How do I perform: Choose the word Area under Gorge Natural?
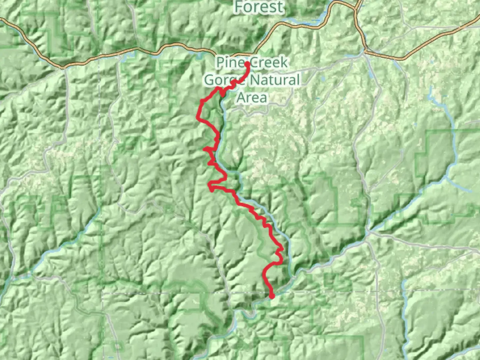[x=252, y=98]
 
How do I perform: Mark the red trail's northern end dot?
[x=247, y=63]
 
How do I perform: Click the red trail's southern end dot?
[x=272, y=296]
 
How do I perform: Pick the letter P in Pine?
[x=220, y=62]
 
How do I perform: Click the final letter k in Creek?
[x=283, y=62]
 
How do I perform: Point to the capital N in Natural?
[x=256, y=80]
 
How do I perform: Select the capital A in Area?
[x=242, y=98]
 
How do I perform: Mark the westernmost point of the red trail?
[x=198, y=117]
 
